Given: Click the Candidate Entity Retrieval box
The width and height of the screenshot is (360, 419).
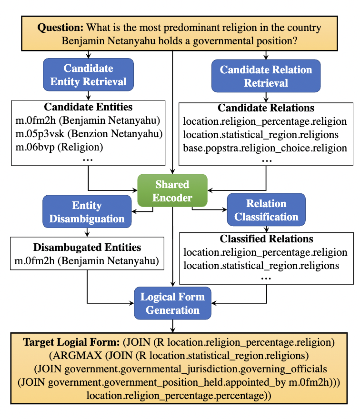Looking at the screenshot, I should click(x=88, y=75).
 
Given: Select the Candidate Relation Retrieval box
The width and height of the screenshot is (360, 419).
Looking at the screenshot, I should click(x=266, y=76).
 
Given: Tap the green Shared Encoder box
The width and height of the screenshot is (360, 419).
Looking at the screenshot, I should click(x=172, y=191).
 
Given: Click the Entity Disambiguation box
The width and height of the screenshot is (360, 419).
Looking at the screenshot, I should click(x=87, y=212).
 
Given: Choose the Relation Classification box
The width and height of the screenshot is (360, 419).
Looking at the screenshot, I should click(x=266, y=210).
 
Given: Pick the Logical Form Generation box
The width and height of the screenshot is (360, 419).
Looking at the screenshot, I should click(x=172, y=303).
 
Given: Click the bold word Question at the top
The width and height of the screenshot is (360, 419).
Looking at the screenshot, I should click(x=54, y=28).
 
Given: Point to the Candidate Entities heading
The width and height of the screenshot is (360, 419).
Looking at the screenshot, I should click(x=88, y=107).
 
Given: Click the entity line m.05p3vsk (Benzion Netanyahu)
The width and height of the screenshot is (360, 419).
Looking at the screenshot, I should click(x=89, y=132).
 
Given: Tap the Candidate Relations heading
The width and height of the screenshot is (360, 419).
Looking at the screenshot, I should click(x=266, y=108).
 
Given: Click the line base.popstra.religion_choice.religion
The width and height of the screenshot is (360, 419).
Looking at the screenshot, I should click(x=265, y=148).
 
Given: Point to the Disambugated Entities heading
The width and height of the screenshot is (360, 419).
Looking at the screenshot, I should click(x=87, y=247).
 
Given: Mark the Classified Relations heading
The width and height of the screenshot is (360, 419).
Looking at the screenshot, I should click(x=266, y=239).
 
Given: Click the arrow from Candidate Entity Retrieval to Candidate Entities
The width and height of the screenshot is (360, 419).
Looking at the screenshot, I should click(x=88, y=95).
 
